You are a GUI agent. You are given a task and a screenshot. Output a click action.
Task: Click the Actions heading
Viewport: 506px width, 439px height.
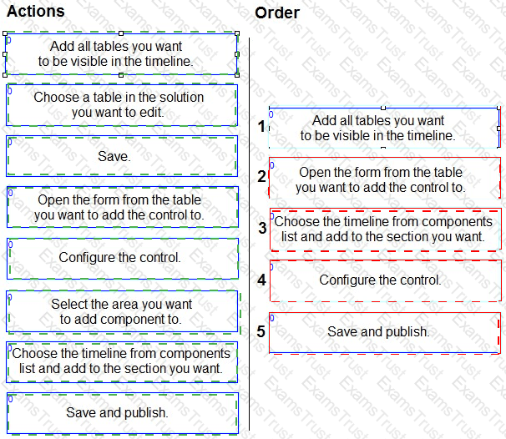pos(36,11)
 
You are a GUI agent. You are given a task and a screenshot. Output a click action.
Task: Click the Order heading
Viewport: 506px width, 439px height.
pos(277,13)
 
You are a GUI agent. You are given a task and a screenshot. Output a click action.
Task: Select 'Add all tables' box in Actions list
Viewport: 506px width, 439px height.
pos(121,54)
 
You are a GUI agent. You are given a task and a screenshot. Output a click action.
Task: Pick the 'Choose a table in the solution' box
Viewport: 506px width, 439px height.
pos(122,105)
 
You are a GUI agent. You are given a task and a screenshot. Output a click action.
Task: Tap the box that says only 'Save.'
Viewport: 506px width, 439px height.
pos(122,156)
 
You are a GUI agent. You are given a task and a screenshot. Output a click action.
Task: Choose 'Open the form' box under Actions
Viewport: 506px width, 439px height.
pos(123,207)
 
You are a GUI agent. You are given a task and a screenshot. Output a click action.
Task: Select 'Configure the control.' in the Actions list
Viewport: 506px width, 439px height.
pos(123,259)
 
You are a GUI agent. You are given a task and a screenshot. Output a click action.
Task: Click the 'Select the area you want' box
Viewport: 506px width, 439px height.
pos(122,311)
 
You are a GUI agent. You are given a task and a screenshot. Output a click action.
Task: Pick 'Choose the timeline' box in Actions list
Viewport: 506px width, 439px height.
pos(122,362)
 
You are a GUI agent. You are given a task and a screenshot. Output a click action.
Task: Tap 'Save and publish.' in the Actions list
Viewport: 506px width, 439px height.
pos(123,413)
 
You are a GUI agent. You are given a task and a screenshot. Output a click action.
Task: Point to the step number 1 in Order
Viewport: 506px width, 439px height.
pos(261,126)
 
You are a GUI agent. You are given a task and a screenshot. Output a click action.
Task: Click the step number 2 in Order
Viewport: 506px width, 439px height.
pos(261,176)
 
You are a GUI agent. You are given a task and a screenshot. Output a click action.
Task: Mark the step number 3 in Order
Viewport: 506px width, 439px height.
pos(262,228)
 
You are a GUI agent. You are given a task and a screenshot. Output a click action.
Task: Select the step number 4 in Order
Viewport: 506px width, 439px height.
pos(261,280)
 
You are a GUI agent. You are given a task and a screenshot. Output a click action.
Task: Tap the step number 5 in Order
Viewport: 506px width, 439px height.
pos(261,331)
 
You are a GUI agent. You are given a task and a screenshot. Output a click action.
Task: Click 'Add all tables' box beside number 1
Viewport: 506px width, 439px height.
pos(384,128)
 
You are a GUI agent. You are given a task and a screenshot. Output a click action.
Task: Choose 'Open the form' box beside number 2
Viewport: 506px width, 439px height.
pos(385,178)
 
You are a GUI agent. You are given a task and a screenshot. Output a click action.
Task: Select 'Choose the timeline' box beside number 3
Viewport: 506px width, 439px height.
pos(386,230)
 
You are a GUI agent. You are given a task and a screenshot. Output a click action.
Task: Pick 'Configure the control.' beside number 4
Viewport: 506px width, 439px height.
pos(386,280)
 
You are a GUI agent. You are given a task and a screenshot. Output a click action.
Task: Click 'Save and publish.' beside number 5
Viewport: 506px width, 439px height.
pos(385,333)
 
